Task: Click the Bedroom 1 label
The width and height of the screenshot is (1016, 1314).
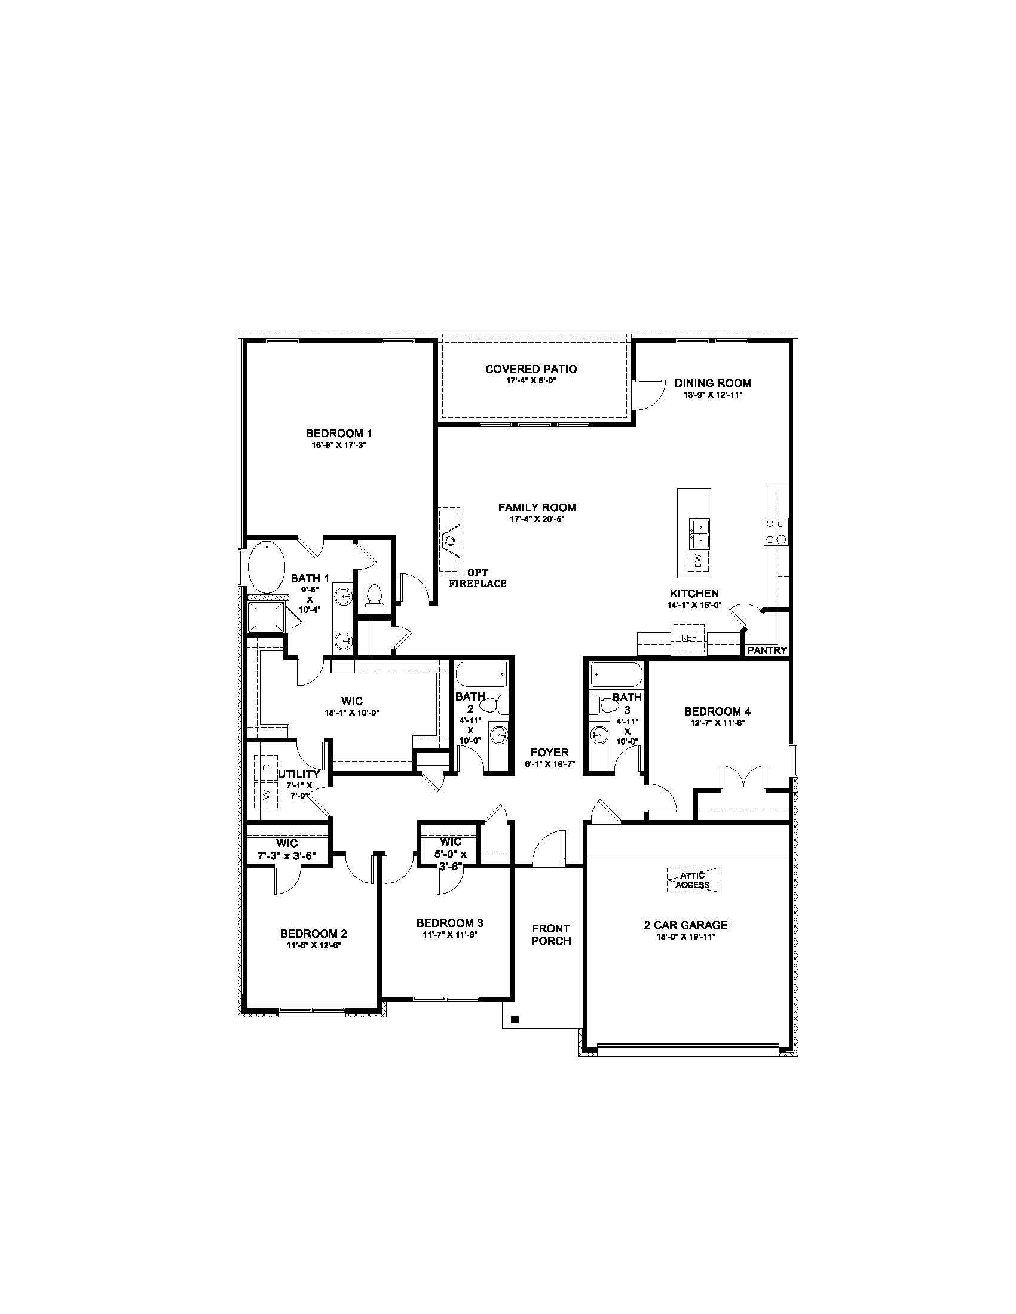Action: pyautogui.click(x=339, y=433)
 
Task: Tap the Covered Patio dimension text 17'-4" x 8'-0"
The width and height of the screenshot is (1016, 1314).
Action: pyautogui.click(x=531, y=381)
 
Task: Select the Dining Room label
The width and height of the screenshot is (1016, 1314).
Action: pyautogui.click(x=712, y=383)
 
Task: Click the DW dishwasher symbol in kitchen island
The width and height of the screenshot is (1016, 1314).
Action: pyautogui.click(x=697, y=561)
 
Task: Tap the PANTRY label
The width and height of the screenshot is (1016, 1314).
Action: pyautogui.click(x=767, y=650)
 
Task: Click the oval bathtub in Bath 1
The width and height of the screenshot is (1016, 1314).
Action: pyautogui.click(x=265, y=567)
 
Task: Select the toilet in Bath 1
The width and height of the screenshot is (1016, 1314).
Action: pyautogui.click(x=374, y=597)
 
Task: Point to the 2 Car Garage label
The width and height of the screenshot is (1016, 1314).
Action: pyautogui.click(x=686, y=925)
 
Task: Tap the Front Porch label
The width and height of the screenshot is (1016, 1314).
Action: pyautogui.click(x=551, y=934)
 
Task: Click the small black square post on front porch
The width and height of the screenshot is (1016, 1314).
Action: pyautogui.click(x=515, y=1019)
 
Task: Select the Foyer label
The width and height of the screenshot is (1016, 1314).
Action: pyautogui.click(x=549, y=753)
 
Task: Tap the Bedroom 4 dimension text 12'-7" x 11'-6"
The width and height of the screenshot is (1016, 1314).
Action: pyautogui.click(x=717, y=723)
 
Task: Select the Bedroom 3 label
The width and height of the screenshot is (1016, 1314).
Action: pyautogui.click(x=449, y=923)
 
